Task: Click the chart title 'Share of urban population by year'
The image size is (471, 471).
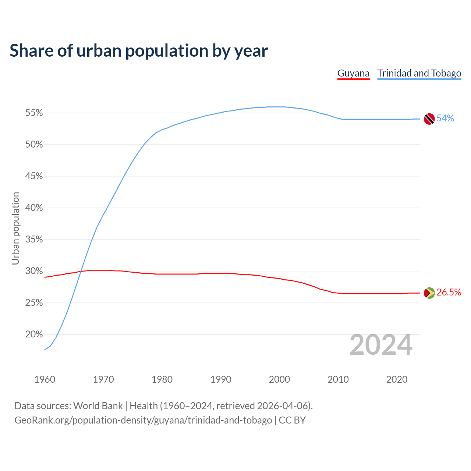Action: pyautogui.click(x=139, y=51)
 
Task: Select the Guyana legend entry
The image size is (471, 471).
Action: pyautogui.click(x=353, y=73)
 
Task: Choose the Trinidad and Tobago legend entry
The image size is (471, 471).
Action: pyautogui.click(x=419, y=73)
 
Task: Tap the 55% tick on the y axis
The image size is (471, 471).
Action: pyautogui.click(x=34, y=113)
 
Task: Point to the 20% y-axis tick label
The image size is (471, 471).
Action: pyautogui.click(x=34, y=334)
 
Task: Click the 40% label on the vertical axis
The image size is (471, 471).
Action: pyautogui.click(x=34, y=208)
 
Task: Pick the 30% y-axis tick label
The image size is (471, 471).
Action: pyautogui.click(x=34, y=271)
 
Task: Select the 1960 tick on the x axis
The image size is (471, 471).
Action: pyautogui.click(x=45, y=379)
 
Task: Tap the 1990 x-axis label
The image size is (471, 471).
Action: pyautogui.click(x=221, y=379)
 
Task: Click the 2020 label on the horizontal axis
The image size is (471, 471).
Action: pyautogui.click(x=397, y=379)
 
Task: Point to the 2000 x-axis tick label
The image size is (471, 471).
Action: pyautogui.click(x=280, y=379)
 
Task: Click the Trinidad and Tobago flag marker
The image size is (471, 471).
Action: pyautogui.click(x=429, y=119)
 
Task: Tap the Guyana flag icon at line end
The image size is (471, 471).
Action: pyautogui.click(x=429, y=293)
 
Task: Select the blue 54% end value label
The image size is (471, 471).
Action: pyautogui.click(x=445, y=118)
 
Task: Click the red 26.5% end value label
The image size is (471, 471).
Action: pyautogui.click(x=449, y=292)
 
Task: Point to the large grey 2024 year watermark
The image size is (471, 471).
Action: pyautogui.click(x=381, y=345)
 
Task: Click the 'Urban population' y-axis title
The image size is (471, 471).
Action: pyautogui.click(x=15, y=228)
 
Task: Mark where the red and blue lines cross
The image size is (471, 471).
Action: pyautogui.click(x=80, y=272)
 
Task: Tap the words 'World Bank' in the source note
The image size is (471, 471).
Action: pyautogui.click(x=98, y=406)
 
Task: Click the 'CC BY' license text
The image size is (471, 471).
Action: pyautogui.click(x=292, y=420)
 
